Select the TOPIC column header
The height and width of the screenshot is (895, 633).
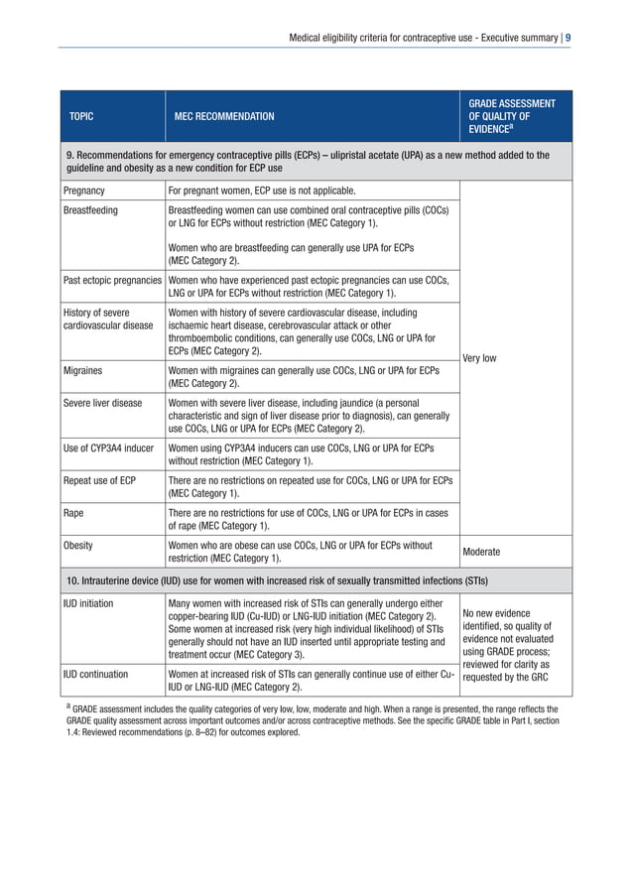[x=81, y=117]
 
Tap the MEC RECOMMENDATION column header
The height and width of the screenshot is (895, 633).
[x=224, y=117]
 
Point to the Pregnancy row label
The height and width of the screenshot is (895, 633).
[x=84, y=190]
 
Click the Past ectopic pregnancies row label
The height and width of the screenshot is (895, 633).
[x=112, y=281]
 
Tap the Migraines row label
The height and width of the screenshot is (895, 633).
[x=83, y=370]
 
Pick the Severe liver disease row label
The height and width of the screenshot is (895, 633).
[x=102, y=403]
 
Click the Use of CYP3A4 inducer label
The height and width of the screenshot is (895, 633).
[x=108, y=447]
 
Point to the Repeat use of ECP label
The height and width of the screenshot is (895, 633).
[x=99, y=480]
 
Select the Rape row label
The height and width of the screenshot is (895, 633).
[x=72, y=513]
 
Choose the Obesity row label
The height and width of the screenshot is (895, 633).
[x=78, y=546]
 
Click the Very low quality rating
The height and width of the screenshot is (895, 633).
[x=479, y=358]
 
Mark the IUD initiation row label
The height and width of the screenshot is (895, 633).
[x=88, y=603]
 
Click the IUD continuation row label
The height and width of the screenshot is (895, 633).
[x=95, y=674]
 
